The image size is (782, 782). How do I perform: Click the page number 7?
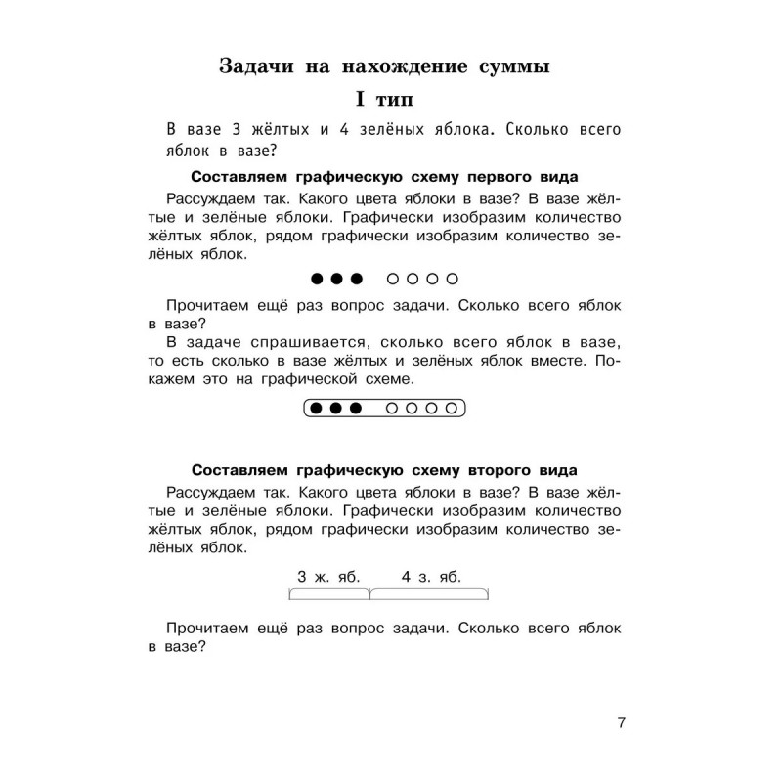[x=621, y=723]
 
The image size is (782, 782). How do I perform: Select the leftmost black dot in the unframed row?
[x=317, y=279]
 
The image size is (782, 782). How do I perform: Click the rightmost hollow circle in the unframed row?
[x=451, y=279]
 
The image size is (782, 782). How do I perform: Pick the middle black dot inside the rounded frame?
[x=336, y=407]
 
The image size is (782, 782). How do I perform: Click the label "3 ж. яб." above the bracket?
[x=328, y=576]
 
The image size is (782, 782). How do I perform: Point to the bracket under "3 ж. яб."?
[x=329, y=593]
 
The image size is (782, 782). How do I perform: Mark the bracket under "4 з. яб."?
[x=429, y=593]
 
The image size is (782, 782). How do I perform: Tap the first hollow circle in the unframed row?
[x=393, y=279]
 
